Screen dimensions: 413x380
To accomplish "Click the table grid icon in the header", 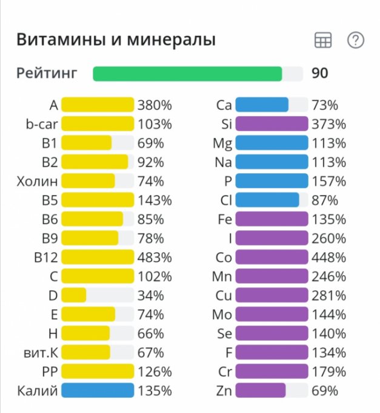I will [323, 41].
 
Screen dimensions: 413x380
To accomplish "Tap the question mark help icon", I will [355, 41].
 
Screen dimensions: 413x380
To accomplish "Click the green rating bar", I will [187, 74].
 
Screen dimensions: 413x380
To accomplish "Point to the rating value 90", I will [319, 74].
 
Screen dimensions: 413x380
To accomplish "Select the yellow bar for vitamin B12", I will [97, 258].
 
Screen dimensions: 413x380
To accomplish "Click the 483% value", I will [155, 258].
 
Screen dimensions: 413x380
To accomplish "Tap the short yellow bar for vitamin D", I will [74, 296].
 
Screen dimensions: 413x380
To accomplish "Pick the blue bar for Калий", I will [97, 391].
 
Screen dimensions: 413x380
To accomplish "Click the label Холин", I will [37, 182].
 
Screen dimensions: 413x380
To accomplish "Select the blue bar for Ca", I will [262, 106].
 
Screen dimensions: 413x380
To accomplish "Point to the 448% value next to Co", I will [328, 258].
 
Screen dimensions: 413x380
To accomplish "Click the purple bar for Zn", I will [260, 391].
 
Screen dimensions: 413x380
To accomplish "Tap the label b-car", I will [42, 125].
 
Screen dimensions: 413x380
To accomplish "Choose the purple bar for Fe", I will [271, 219].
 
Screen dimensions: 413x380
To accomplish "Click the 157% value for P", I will [328, 182].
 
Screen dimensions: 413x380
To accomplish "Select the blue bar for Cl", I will [267, 200].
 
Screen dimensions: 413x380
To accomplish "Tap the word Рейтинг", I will [47, 74].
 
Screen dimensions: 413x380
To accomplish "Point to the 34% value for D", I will [151, 296].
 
